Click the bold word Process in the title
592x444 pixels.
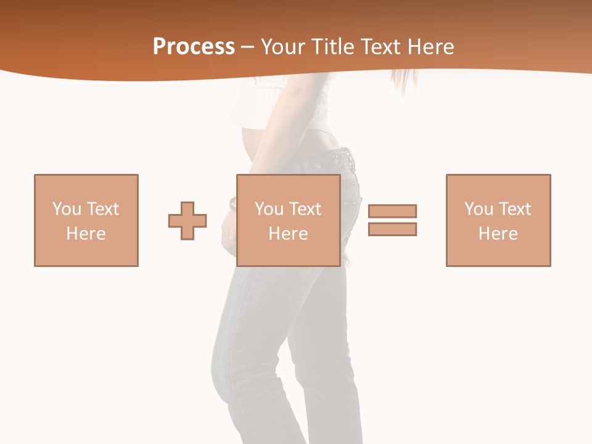coord(194,47)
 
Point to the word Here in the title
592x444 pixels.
coord(432,47)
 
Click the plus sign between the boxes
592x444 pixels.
coord(187,220)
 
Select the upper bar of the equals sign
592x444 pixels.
coord(392,211)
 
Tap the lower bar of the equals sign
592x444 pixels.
coord(392,229)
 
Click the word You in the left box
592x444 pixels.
coord(66,209)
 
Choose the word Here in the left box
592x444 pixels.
coord(86,234)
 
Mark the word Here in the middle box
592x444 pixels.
coord(288,234)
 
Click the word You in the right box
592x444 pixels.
coord(479,209)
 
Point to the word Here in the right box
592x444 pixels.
coord(498,234)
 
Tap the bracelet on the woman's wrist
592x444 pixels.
coord(233,203)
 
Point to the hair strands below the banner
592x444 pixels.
coord(404,84)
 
